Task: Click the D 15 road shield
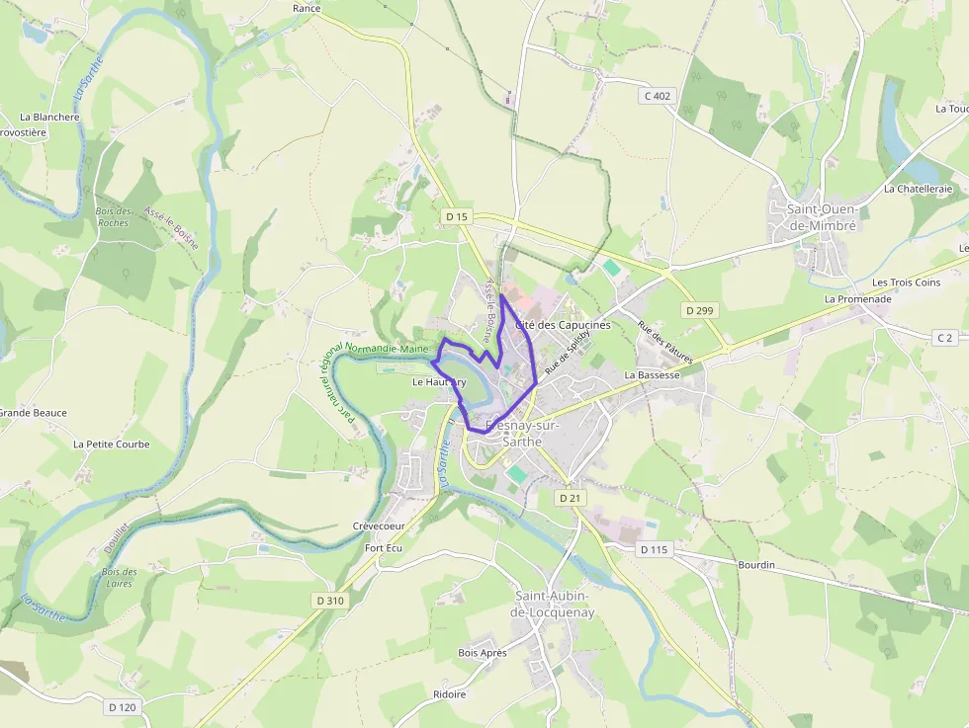[456, 215]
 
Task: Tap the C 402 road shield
[657, 96]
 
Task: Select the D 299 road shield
[699, 310]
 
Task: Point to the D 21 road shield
[570, 498]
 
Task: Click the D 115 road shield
[654, 549]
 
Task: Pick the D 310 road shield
[330, 600]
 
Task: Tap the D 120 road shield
[123, 707]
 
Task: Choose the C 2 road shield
[944, 338]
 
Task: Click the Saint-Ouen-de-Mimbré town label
[821, 216]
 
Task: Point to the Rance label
[308, 8]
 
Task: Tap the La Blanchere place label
[49, 117]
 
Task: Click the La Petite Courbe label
[112, 445]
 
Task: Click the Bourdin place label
[756, 565]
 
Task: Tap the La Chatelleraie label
[918, 188]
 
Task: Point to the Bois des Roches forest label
[114, 216]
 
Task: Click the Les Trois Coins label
[907, 283]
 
